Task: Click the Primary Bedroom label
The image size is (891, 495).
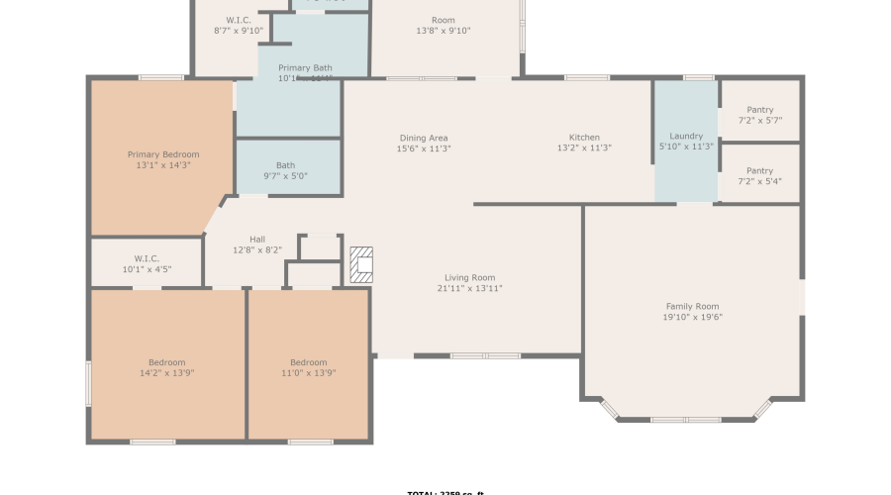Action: coord(163,154)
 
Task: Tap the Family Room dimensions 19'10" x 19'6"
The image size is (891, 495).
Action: coord(692,318)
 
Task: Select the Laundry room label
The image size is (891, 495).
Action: coord(686,137)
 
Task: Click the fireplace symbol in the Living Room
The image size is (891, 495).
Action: coord(361,264)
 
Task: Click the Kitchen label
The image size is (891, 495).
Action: coord(584,138)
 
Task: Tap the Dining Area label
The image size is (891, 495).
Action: coord(424,138)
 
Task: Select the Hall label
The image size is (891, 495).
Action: coord(257,239)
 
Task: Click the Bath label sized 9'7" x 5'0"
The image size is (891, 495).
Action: coord(286,165)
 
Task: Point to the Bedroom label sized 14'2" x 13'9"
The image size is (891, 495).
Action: coord(167,362)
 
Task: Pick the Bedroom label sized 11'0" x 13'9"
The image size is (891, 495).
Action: coord(308,362)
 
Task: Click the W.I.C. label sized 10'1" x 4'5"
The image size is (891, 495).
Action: coord(147,258)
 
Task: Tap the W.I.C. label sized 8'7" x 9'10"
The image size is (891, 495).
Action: coord(239,20)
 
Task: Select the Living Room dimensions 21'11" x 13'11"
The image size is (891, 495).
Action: coord(469,289)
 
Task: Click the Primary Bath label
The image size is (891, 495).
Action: coord(305,68)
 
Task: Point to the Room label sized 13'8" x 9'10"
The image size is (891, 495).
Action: coord(443,20)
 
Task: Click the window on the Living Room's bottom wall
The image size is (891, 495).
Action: coord(485,355)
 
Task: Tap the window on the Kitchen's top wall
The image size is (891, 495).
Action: coord(586,77)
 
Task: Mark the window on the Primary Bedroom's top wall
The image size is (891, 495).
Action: coord(160,77)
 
